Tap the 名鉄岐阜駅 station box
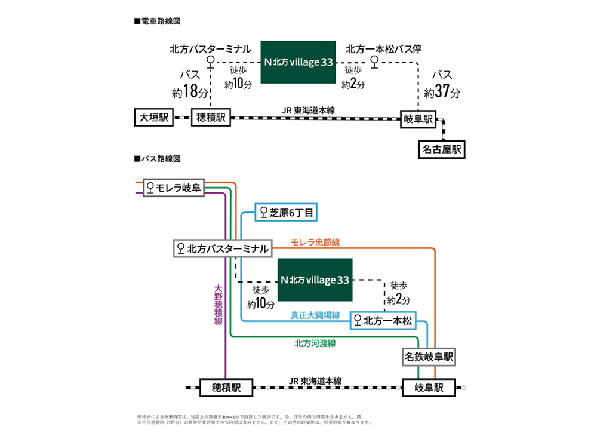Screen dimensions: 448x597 pyautogui.click(x=429, y=357)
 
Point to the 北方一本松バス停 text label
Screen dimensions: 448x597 pyautogui.click(x=384, y=48)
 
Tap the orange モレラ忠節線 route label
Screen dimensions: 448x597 pyautogui.click(x=315, y=242)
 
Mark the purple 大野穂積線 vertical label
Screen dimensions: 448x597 pyautogui.click(x=218, y=305)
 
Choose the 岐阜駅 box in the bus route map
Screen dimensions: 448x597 pyautogui.click(x=429, y=387)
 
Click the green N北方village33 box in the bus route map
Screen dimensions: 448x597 pyautogui.click(x=315, y=280)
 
